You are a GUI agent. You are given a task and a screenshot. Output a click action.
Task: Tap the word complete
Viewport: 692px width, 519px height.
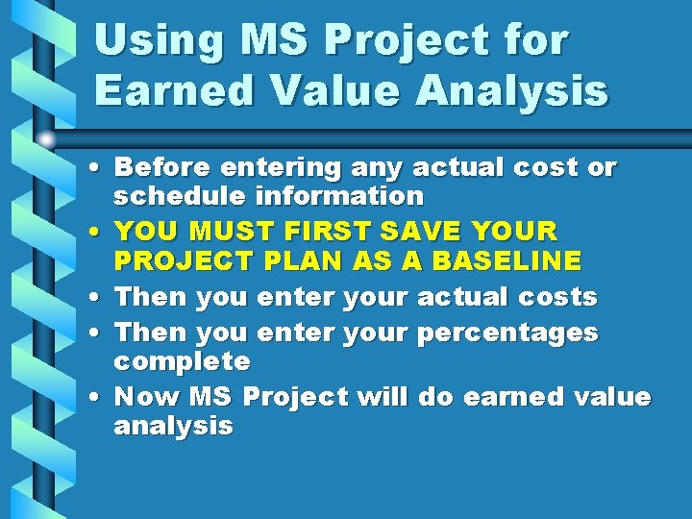pos(182,361)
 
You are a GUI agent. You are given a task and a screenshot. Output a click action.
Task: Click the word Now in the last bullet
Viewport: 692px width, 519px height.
pos(147,397)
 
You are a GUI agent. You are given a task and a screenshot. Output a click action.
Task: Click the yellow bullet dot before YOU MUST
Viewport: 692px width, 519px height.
pos(99,234)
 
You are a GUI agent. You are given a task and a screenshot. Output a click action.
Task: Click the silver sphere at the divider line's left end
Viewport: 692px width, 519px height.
pos(46,140)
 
